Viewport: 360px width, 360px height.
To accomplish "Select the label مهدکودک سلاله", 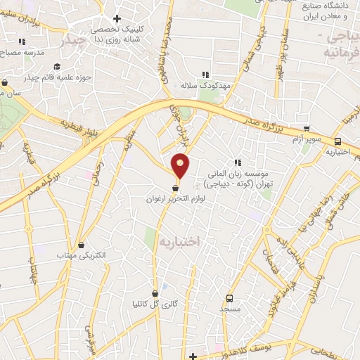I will (x=206, y=84).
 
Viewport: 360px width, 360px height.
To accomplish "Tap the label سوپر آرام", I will (x=307, y=139).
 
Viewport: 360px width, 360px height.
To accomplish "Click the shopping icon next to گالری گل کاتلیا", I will (x=155, y=293).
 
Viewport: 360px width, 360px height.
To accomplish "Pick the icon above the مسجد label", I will (x=229, y=297).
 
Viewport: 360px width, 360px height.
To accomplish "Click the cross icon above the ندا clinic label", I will (x=117, y=18).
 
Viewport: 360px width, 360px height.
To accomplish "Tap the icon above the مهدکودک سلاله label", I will (x=206, y=74).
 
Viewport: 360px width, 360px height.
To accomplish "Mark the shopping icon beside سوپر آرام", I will (x=307, y=129).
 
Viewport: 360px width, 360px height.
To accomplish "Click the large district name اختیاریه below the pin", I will (x=180, y=241).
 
